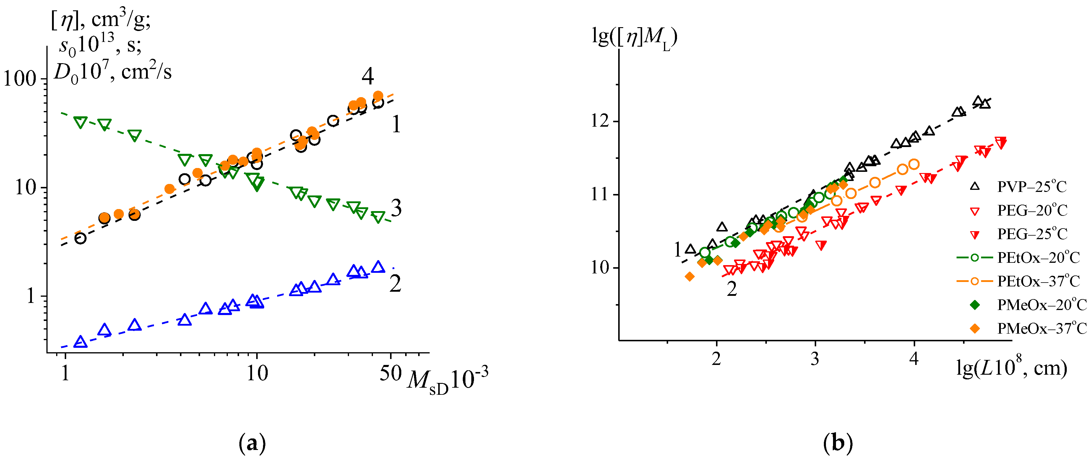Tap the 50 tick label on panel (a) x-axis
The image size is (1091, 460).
point(390,373)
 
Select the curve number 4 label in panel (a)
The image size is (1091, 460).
point(368,76)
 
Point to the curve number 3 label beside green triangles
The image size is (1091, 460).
point(396,208)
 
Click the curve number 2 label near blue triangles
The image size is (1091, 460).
point(395,283)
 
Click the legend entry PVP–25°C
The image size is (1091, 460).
point(1031,187)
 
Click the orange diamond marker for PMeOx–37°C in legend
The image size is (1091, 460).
point(975,328)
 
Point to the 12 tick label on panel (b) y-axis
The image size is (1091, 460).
point(600,121)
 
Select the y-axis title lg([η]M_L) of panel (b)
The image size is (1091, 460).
point(634,37)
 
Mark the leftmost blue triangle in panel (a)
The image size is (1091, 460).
point(80,342)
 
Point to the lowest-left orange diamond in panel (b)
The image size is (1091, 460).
point(689,276)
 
